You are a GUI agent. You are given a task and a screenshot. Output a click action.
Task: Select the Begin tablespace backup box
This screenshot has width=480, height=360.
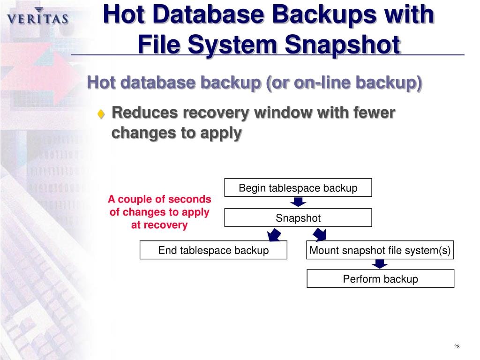click(x=298, y=188)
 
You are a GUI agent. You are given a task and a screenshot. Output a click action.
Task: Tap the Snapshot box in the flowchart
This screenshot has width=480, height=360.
click(x=298, y=218)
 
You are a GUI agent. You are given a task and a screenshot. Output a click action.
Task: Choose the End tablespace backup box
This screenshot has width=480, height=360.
click(x=213, y=250)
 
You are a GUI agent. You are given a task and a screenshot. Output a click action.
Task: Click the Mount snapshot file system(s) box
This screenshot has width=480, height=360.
click(x=380, y=250)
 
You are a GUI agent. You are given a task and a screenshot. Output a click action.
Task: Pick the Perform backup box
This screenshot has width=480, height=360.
click(x=380, y=279)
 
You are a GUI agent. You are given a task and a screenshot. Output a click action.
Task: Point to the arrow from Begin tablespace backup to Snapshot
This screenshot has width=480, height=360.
click(x=298, y=202)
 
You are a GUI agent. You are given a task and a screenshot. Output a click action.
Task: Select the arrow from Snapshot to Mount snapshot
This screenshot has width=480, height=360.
click(x=320, y=234)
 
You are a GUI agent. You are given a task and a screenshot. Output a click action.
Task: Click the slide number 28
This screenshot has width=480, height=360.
click(x=457, y=346)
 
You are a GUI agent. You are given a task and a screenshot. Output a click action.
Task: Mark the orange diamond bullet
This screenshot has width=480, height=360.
click(x=101, y=114)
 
